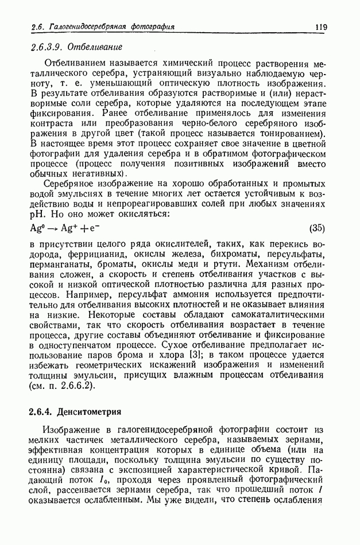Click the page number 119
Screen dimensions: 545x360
[320, 26]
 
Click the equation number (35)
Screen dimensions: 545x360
[317, 228]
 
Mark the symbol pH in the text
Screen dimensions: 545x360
[36, 214]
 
